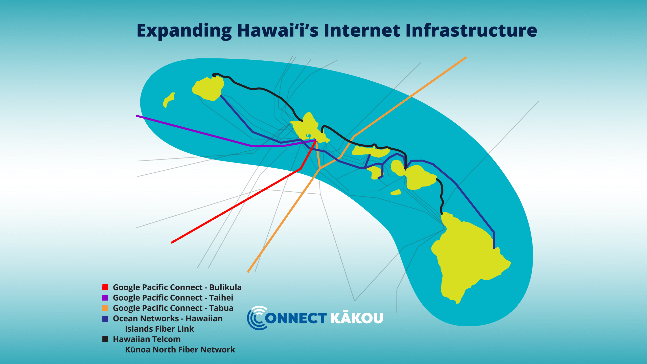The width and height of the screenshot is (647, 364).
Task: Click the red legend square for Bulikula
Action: pos(105,287)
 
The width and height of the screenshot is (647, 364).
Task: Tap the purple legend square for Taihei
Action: pos(105,298)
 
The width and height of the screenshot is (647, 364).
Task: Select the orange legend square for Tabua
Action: pos(105,308)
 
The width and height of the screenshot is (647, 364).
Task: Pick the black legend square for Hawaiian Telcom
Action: pos(105,339)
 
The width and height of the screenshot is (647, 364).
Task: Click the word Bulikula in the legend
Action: pos(225,287)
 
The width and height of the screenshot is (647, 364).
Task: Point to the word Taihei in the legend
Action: pos(221,298)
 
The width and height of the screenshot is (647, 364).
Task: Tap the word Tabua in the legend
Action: pos(221,308)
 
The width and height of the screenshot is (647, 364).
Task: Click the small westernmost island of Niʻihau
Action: pos(169,100)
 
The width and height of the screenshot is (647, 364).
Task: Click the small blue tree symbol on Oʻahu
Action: pos(309,136)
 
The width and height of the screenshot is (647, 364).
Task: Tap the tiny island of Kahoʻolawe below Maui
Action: pos(396,192)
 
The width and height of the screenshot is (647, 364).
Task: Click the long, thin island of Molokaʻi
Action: pos(371,151)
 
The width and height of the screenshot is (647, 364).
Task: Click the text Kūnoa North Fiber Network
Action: pos(180,350)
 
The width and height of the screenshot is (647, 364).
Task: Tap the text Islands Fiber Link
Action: pos(159,329)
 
